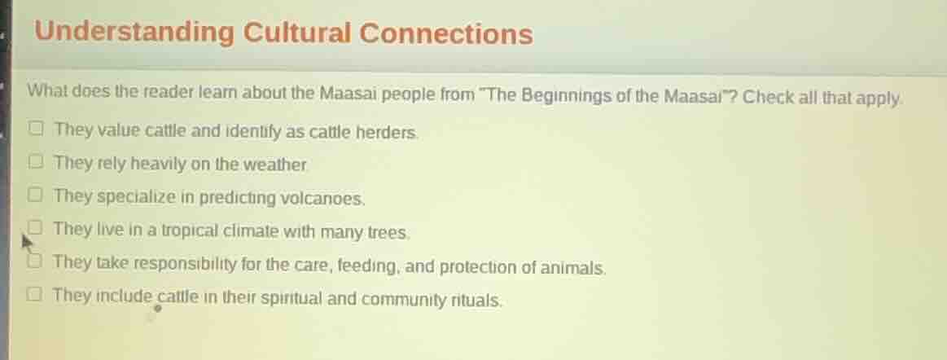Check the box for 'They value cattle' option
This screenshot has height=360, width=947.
tap(37, 130)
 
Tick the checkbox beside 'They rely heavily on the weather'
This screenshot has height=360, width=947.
tap(37, 162)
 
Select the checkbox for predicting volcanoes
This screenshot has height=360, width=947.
tap(37, 195)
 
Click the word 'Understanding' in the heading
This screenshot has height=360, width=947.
tap(134, 33)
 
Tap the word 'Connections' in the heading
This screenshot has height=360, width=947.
tap(446, 35)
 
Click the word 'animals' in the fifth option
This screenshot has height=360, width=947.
tap(577, 266)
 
